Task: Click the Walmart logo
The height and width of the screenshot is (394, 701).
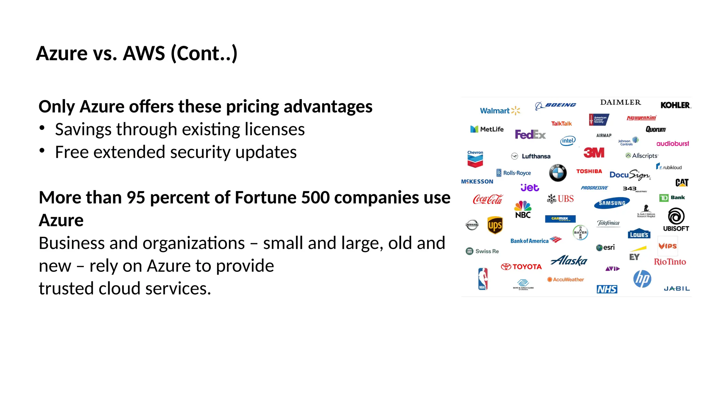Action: coord(500,111)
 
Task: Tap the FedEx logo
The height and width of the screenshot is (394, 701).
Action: coord(530,134)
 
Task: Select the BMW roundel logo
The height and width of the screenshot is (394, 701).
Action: coord(558,173)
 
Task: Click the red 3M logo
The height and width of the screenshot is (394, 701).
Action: coord(594,153)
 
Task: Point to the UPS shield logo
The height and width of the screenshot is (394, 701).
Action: coord(495,225)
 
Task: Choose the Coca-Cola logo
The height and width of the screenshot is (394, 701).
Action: coord(487,199)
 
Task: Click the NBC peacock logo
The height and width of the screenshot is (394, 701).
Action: coord(523,209)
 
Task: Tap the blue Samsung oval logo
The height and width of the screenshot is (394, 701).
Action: coord(612,203)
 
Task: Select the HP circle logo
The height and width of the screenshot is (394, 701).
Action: coord(642,279)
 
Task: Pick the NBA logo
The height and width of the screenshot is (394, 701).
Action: coord(483,279)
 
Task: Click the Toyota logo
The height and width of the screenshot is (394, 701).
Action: coord(521,267)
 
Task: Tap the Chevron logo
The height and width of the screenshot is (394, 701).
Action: coord(475,159)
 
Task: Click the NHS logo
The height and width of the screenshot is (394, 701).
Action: coord(607,289)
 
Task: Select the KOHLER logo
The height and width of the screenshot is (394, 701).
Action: coord(675,105)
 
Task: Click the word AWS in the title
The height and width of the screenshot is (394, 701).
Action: coord(144,53)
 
